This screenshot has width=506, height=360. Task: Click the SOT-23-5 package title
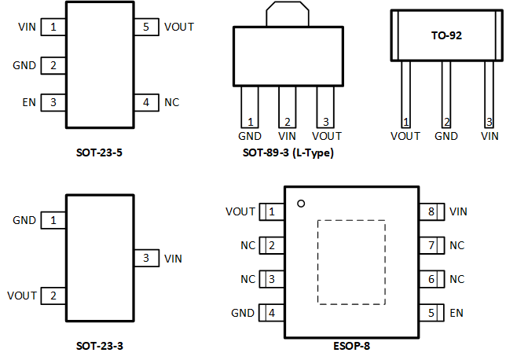point(98,152)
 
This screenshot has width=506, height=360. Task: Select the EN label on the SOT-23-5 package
point(27,102)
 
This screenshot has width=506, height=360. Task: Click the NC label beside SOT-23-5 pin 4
point(172,102)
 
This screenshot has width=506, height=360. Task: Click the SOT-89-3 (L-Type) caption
point(288,152)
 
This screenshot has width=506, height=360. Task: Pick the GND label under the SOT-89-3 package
point(250,135)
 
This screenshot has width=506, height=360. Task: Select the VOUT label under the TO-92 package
point(405,136)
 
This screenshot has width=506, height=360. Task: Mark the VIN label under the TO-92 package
point(489,136)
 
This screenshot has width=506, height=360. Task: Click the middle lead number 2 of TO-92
point(446,122)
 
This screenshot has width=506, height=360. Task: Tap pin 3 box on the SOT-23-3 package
point(145,258)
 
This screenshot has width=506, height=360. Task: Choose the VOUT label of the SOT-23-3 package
point(22,296)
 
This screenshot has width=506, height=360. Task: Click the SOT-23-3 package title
point(98,345)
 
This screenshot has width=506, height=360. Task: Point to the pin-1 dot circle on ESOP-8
point(300,204)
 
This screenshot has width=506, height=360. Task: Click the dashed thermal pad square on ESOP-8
point(350,262)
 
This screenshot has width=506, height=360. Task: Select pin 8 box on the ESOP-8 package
point(431,211)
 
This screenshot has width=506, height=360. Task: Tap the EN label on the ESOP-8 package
point(456,313)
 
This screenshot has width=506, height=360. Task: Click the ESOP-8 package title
point(351,345)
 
